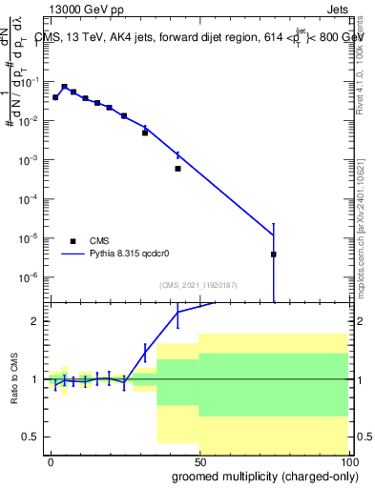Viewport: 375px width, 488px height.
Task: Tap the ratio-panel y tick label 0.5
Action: click(31, 437)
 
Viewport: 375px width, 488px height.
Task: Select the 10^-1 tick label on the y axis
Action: click(30, 82)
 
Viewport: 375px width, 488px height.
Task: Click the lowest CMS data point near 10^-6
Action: click(274, 254)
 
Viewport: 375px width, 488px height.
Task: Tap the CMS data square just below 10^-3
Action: click(177, 169)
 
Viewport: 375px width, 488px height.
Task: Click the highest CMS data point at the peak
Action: click(64, 87)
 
